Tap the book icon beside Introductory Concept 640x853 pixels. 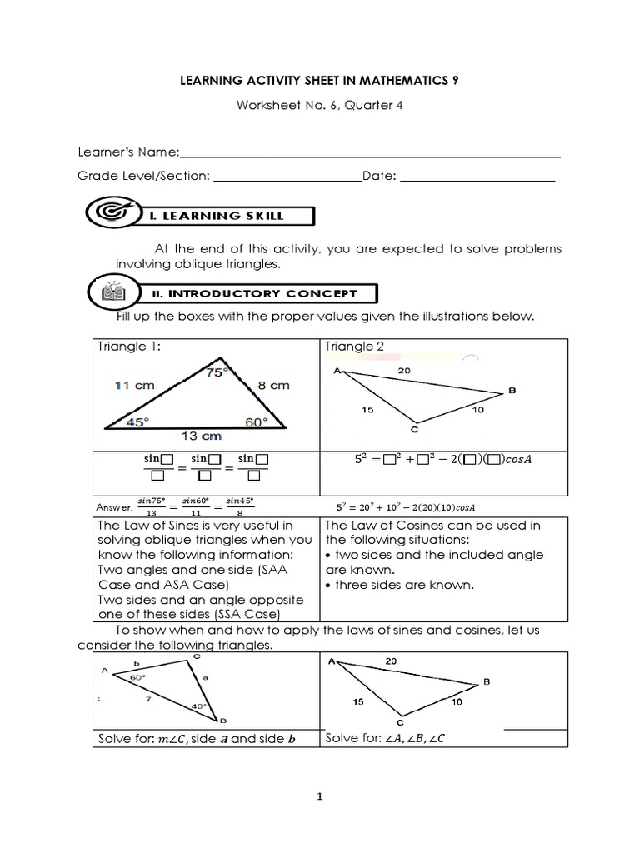coord(112,292)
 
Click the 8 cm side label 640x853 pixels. coord(272,385)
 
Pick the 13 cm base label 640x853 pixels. coord(200,436)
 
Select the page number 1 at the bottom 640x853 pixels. coord(319,796)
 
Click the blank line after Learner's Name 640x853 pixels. coord(370,154)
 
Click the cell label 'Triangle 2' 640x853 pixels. coord(354,347)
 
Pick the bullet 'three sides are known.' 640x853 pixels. coord(403,585)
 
